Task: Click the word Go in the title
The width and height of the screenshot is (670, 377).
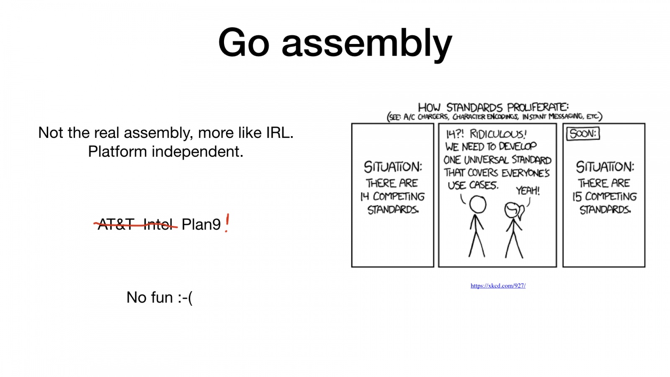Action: [x=244, y=42]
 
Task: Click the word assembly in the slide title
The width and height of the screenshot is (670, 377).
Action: [x=367, y=45]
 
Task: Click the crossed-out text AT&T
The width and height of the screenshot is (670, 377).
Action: [x=116, y=225]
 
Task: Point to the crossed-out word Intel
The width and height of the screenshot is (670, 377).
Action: [x=158, y=225]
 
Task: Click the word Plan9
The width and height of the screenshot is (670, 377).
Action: [x=201, y=225]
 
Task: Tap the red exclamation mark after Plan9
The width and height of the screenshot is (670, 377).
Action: [x=227, y=223]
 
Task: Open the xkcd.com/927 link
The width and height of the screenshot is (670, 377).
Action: [x=498, y=286]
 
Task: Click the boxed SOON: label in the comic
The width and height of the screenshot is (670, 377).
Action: [x=583, y=134]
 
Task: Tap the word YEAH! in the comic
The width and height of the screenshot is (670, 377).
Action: [x=528, y=191]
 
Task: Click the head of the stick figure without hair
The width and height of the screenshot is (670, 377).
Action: [x=478, y=205]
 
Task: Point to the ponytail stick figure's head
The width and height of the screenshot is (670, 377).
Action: [x=513, y=210]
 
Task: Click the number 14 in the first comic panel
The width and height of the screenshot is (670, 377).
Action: [x=365, y=196]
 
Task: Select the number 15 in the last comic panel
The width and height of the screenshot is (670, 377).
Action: [x=577, y=197]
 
